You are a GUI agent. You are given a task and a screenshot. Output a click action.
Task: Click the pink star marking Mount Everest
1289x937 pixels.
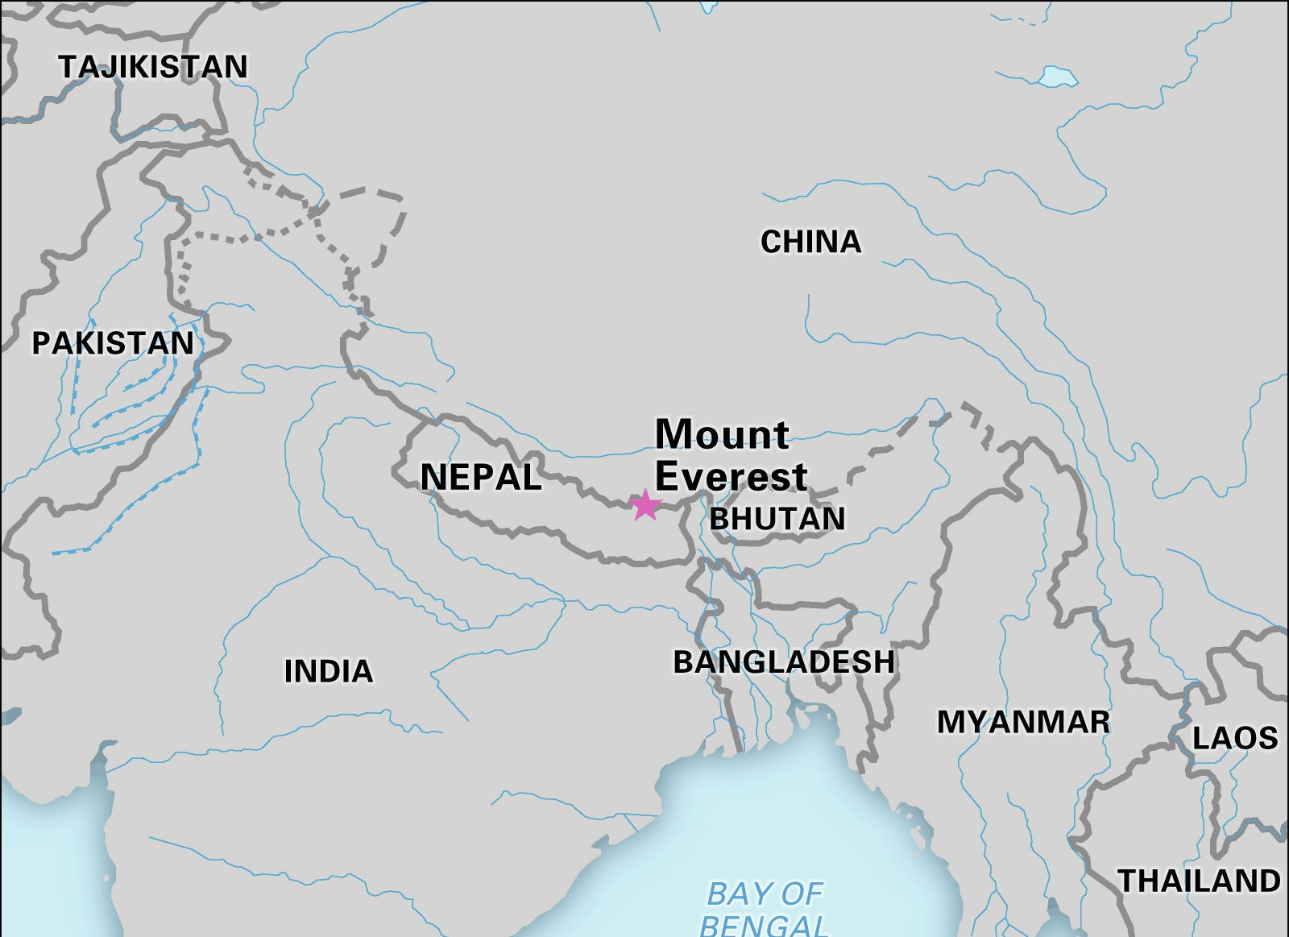pyautogui.click(x=645, y=505)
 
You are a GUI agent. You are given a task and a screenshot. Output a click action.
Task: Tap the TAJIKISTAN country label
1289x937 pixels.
pyautogui.click(x=153, y=67)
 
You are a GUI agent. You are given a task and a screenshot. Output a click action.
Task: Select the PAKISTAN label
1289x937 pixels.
pyautogui.click(x=113, y=343)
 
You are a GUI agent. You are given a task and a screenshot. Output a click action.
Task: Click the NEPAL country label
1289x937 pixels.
pyautogui.click(x=481, y=478)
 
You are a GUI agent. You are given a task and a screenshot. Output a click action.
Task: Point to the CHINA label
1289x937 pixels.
pyautogui.click(x=810, y=242)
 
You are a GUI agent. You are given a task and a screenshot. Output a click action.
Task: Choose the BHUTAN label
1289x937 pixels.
pyautogui.click(x=777, y=519)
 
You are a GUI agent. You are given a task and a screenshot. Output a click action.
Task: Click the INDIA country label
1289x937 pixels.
pyautogui.click(x=329, y=671)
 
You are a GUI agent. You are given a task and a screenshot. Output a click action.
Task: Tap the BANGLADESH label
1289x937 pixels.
pyautogui.click(x=784, y=662)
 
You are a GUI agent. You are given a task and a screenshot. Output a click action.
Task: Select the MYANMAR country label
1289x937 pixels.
pyautogui.click(x=1023, y=722)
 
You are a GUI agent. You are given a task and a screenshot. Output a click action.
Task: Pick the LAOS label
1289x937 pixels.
pyautogui.click(x=1234, y=738)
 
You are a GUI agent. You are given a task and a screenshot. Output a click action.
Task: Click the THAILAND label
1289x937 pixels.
pyautogui.click(x=1199, y=881)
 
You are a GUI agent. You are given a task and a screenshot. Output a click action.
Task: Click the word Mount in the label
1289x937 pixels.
pyautogui.click(x=722, y=434)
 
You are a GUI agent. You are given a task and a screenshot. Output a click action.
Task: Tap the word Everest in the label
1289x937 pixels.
pyautogui.click(x=731, y=476)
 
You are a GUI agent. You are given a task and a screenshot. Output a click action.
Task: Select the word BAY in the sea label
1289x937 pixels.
pyautogui.click(x=732, y=894)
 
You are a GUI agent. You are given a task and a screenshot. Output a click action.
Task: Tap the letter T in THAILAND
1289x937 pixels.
pyautogui.click(x=1128, y=881)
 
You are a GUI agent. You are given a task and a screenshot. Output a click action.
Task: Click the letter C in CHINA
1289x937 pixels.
pyautogui.click(x=771, y=242)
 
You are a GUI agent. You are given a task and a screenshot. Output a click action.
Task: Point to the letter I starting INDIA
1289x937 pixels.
pyautogui.click(x=289, y=671)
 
